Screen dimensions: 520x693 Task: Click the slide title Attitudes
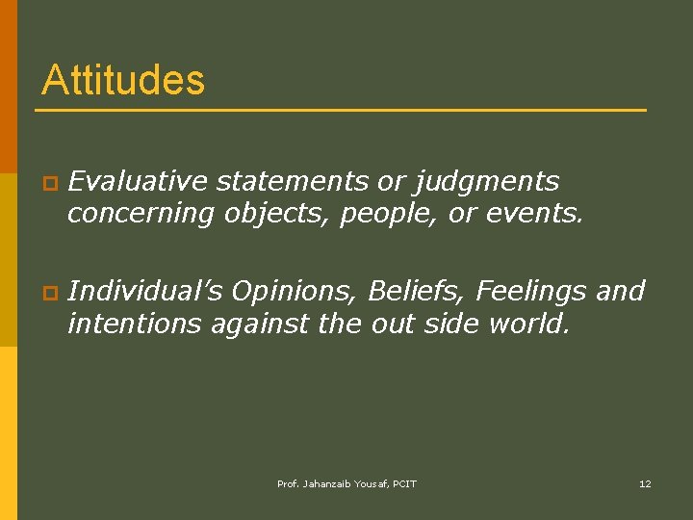pyautogui.click(x=123, y=80)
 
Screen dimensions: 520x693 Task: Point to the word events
pyautogui.click(x=534, y=213)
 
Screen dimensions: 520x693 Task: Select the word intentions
pyautogui.click(x=132, y=324)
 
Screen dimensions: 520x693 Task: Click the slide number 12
pyautogui.click(x=645, y=483)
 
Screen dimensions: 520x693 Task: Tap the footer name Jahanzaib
pyautogui.click(x=329, y=483)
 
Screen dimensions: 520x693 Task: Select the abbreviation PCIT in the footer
pyautogui.click(x=403, y=483)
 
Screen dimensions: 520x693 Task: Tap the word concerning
pyautogui.click(x=141, y=214)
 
